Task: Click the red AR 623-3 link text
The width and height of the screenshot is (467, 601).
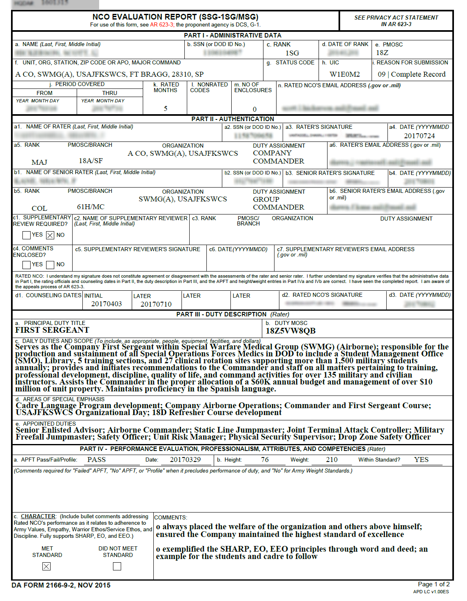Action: [162, 25]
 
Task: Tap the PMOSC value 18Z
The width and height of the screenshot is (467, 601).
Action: [382, 53]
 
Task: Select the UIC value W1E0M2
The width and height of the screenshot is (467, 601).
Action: [345, 74]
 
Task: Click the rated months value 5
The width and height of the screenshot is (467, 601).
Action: [166, 108]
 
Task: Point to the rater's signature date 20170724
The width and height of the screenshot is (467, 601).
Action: [419, 136]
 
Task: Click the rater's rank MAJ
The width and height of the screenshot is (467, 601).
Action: [39, 162]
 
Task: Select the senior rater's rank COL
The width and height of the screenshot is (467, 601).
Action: [39, 208]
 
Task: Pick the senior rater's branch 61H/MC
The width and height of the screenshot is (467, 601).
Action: [91, 207]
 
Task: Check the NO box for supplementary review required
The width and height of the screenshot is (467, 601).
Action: [50, 235]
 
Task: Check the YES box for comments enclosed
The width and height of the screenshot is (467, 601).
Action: [27, 265]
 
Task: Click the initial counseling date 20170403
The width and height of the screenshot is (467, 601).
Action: [106, 304]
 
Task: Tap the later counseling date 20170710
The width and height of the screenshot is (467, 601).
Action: [156, 304]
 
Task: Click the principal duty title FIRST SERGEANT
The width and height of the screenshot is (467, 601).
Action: [52, 330]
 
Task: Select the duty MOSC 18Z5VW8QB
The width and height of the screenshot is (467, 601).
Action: [290, 331]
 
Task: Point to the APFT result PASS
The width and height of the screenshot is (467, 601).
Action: [96, 460]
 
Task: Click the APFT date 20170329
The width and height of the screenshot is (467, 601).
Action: [185, 460]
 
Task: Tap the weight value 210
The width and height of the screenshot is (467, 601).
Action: [332, 460]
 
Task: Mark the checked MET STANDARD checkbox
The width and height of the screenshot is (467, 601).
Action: [46, 566]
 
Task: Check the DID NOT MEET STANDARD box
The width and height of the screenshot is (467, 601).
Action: [117, 566]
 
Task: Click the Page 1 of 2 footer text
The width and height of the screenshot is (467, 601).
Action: [434, 584]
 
